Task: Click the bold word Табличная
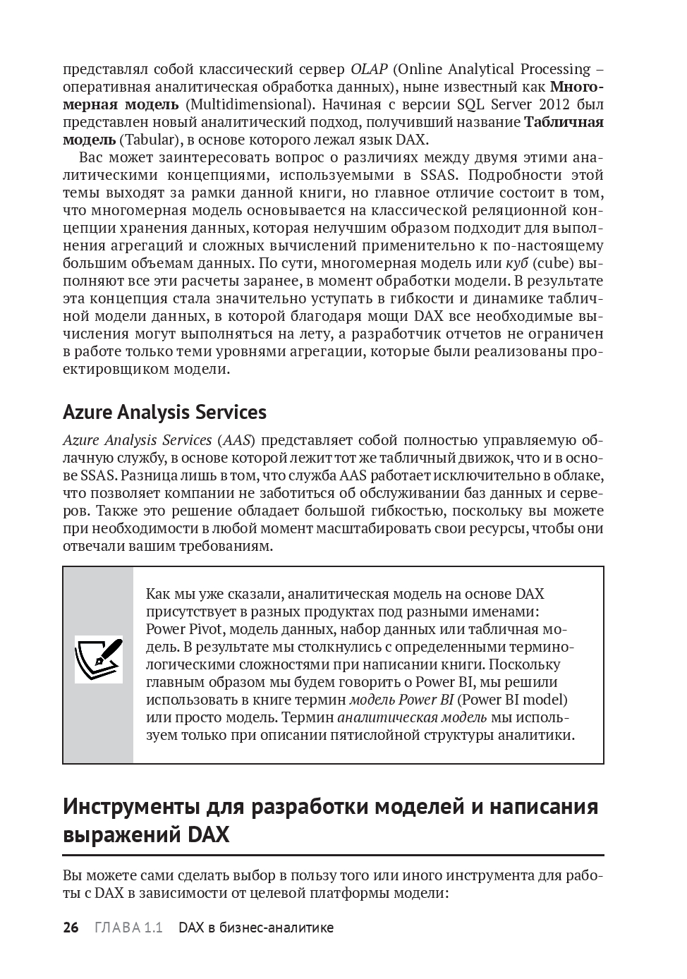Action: click(564, 122)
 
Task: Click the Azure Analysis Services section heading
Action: click(164, 412)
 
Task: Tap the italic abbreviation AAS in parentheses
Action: click(236, 440)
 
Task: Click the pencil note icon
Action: click(99, 659)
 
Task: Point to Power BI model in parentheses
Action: click(511, 700)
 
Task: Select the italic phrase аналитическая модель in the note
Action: click(412, 717)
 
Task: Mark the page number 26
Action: click(71, 928)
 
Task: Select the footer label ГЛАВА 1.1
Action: click(128, 928)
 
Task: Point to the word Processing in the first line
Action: click(554, 69)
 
